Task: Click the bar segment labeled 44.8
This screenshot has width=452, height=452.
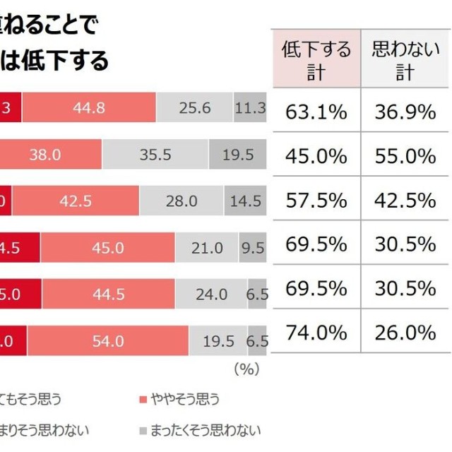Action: pyautogui.click(x=88, y=109)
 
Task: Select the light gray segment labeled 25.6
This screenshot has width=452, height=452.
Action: pyautogui.click(x=195, y=109)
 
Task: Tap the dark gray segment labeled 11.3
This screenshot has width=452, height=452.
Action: pyautogui.click(x=251, y=109)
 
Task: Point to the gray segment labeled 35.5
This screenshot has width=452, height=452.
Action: pyautogui.click(x=155, y=155)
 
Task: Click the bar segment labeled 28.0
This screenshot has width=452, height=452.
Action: pyautogui.click(x=182, y=201)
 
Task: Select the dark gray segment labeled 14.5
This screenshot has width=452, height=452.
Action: pyautogui.click(x=246, y=201)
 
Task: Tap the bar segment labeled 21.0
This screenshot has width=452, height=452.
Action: pyautogui.click(x=207, y=247)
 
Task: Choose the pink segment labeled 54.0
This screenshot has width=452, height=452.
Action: pyautogui.click(x=107, y=340)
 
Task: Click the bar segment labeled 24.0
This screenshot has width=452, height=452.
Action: pyautogui.click(x=211, y=294)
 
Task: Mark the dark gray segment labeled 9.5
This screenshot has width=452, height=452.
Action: pyautogui.click(x=253, y=247)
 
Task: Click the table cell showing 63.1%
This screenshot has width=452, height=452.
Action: pyautogui.click(x=316, y=110)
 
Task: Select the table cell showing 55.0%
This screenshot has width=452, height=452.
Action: pyautogui.click(x=405, y=155)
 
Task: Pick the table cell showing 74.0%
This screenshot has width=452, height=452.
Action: pyautogui.click(x=316, y=333)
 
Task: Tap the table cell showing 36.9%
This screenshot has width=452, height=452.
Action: pyautogui.click(x=405, y=110)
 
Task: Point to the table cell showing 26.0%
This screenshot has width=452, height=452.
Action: pyautogui.click(x=405, y=333)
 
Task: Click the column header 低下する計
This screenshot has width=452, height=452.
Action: pyautogui.click(x=316, y=60)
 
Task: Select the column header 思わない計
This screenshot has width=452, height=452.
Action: pyautogui.click(x=405, y=60)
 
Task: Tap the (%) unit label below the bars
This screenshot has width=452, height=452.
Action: pyautogui.click(x=246, y=368)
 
